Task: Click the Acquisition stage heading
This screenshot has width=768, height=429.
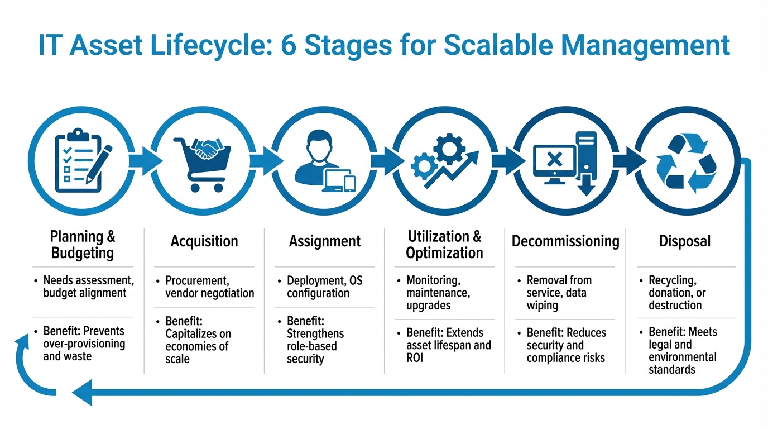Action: (x=204, y=241)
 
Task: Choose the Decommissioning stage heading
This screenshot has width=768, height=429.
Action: (x=565, y=241)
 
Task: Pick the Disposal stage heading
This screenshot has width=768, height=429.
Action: (x=685, y=241)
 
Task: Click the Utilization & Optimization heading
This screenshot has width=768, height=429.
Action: (x=444, y=244)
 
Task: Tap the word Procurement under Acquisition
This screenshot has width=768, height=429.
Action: (x=198, y=280)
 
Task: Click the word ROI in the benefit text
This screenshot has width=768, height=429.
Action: (x=415, y=357)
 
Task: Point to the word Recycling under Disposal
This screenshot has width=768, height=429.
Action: (x=673, y=280)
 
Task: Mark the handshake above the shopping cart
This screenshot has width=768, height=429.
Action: (x=207, y=147)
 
